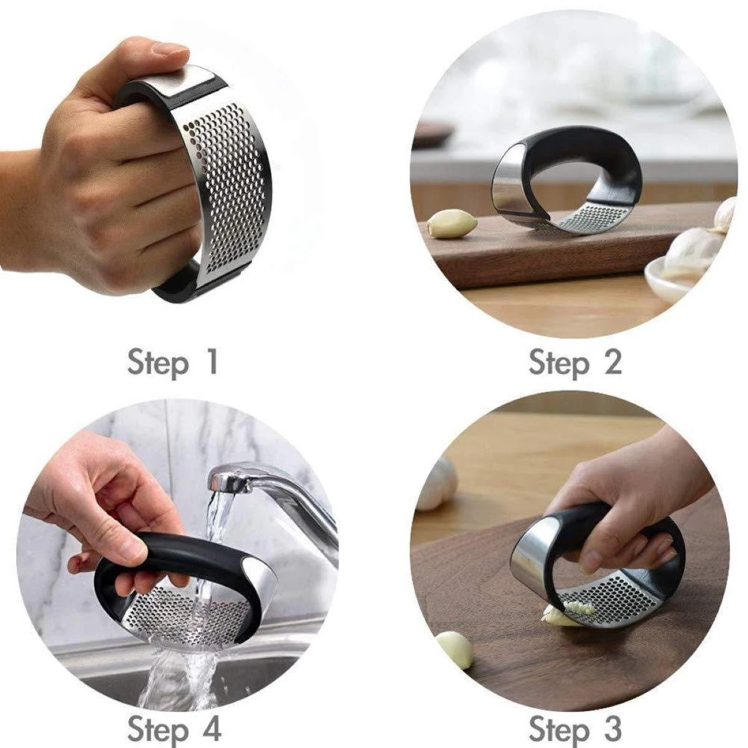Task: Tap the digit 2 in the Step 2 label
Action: (x=611, y=362)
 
